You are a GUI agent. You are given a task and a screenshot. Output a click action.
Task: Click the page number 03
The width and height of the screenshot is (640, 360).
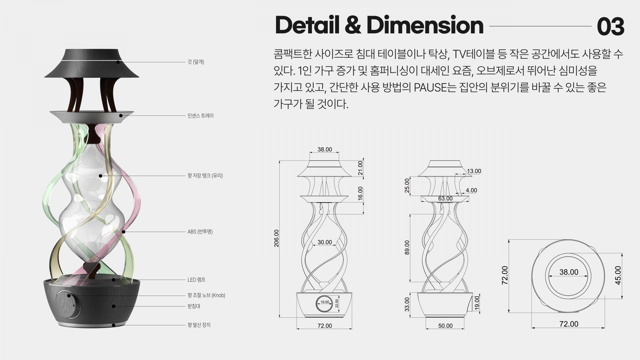pos(610,26)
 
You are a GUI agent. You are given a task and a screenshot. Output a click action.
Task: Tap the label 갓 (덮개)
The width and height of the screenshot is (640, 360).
pos(196,62)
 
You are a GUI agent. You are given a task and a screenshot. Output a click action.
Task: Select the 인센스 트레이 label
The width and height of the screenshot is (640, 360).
pos(201,116)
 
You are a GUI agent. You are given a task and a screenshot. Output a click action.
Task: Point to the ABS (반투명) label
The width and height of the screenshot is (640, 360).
pos(200,232)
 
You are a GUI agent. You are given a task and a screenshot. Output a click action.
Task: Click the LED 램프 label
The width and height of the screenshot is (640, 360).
pos(196,280)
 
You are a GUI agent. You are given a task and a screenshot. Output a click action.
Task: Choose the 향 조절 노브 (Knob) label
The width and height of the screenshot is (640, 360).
pos(206,295)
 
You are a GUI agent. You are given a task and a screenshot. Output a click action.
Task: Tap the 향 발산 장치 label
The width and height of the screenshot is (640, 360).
pos(199,325)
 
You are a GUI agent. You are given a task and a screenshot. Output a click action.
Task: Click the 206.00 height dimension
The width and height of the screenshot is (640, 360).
pos(276,238)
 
